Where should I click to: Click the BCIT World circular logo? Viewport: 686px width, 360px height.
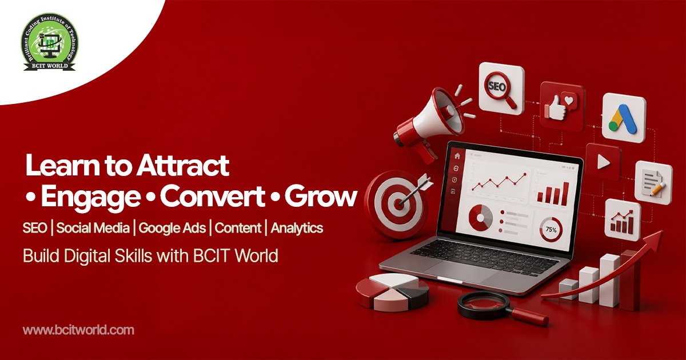[50, 42]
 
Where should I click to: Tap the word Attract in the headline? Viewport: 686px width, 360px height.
[182, 165]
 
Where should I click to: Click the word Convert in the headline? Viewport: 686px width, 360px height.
[212, 196]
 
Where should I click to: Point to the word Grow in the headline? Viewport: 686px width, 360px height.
[321, 196]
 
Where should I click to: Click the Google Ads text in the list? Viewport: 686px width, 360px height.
[172, 228]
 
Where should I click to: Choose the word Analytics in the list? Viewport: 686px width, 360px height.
[297, 228]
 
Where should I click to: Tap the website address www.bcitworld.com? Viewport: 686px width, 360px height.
[78, 330]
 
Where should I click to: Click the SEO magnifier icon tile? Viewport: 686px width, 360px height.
[501, 89]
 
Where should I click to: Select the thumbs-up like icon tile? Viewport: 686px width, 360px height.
[561, 106]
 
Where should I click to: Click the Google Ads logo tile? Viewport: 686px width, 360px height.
[624, 118]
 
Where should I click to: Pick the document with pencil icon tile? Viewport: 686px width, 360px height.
[653, 183]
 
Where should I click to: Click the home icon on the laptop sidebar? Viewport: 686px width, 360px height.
[457, 156]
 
